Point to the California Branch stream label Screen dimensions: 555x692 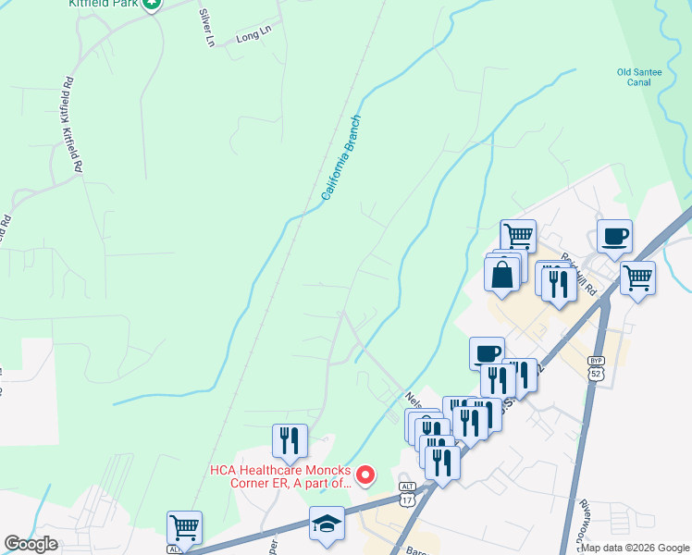[340, 158]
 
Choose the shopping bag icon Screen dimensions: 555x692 [501, 275]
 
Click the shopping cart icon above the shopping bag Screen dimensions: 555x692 [518, 235]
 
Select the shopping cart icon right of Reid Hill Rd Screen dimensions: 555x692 [637, 276]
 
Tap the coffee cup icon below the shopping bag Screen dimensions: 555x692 [487, 352]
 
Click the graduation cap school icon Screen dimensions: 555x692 [327, 523]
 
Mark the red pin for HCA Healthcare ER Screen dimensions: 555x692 [365, 475]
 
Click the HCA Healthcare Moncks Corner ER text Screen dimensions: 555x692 [280, 475]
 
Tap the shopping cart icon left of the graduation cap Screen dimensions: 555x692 [184, 528]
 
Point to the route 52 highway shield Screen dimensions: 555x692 [595, 371]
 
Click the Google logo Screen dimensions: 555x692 [31, 544]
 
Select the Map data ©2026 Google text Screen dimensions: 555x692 [634, 548]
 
